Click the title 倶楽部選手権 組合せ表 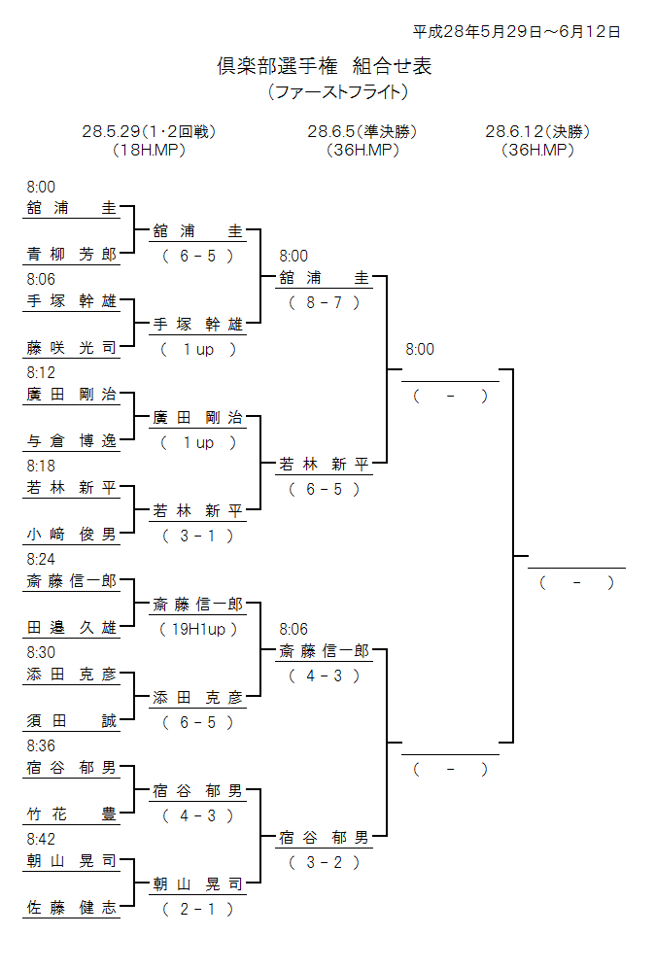[x=324, y=66]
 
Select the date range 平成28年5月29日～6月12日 [x=516, y=31]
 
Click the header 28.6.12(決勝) [x=537, y=131]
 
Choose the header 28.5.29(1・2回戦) [x=149, y=131]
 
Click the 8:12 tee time [x=42, y=372]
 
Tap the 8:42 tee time [x=42, y=839]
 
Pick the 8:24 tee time [x=42, y=559]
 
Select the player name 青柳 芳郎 [x=71, y=255]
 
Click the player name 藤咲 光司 [x=71, y=348]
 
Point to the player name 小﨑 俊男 [x=71, y=535]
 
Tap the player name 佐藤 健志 [x=71, y=908]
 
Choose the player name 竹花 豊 [x=71, y=814]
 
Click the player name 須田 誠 [x=71, y=721]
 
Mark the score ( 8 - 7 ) [x=325, y=302]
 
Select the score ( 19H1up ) [x=198, y=629]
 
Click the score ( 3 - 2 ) [x=325, y=862]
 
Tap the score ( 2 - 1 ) [x=198, y=909]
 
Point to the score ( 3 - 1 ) [x=198, y=536]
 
